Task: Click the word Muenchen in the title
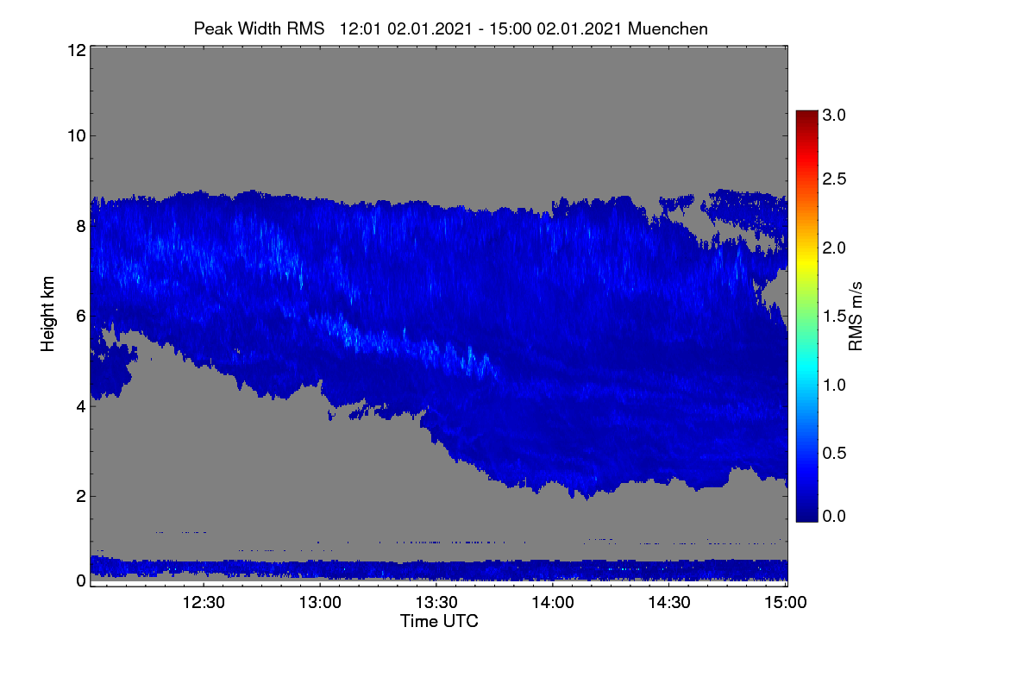pos(668,28)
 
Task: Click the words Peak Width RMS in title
pos(259,28)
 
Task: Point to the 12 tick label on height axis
pos(77,50)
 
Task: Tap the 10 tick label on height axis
pos(77,136)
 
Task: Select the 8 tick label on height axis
pos(81,226)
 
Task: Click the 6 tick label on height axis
pos(81,317)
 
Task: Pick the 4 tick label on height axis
pos(81,407)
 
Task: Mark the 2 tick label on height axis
pos(81,496)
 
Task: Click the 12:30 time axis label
pos(204,602)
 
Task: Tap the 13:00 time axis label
pos(320,602)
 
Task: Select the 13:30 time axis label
pos(436,602)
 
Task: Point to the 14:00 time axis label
pos(553,602)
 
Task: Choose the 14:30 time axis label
pos(669,602)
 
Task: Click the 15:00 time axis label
pos(786,602)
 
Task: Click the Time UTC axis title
pos(439,621)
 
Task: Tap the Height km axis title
pos(47,314)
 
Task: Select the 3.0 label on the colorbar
pos(834,115)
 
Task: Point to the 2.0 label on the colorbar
pos(834,248)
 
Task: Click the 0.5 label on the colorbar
pos(834,454)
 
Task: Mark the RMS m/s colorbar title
pos(856,317)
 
